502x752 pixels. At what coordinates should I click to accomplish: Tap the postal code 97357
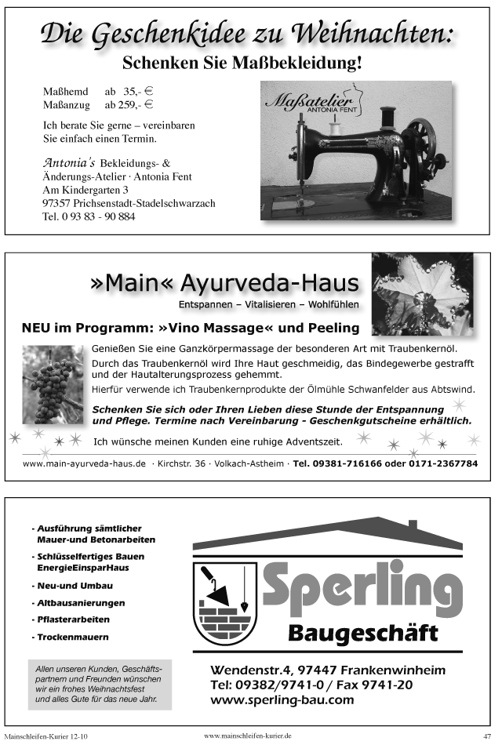tap(58, 203)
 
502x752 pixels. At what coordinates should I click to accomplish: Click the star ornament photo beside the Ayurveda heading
tap(421, 293)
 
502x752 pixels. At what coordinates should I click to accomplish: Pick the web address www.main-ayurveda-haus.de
tap(84, 463)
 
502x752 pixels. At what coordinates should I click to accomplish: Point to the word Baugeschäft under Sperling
tap(362, 632)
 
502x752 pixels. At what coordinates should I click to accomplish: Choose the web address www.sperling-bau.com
tap(282, 699)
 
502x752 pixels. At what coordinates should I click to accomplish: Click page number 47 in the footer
tap(487, 736)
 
